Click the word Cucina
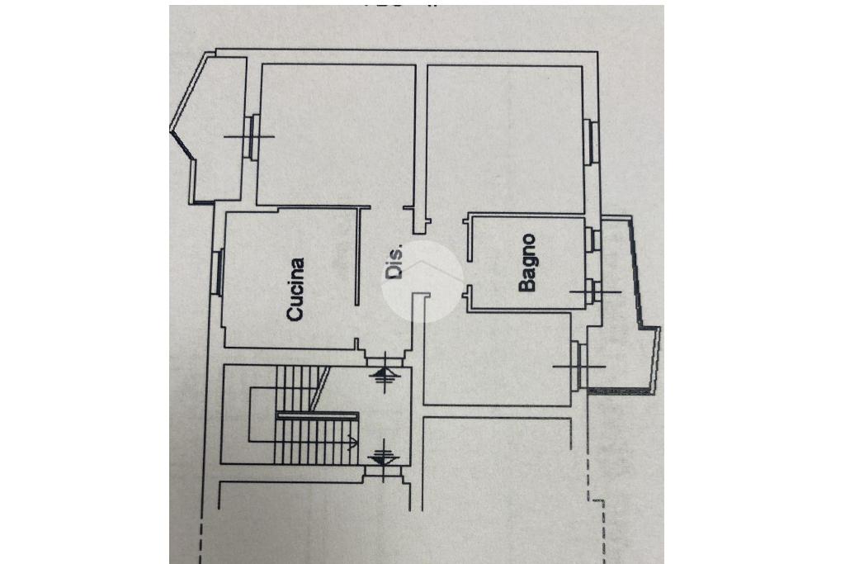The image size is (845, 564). pyautogui.click(x=295, y=289)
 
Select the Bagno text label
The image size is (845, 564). pyautogui.click(x=527, y=263)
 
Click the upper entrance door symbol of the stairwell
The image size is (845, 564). pyautogui.click(x=382, y=376)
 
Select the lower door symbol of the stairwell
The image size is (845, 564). pyautogui.click(x=382, y=453)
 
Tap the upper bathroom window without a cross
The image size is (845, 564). pyautogui.click(x=591, y=239)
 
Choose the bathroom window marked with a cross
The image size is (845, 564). pyautogui.click(x=592, y=291)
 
